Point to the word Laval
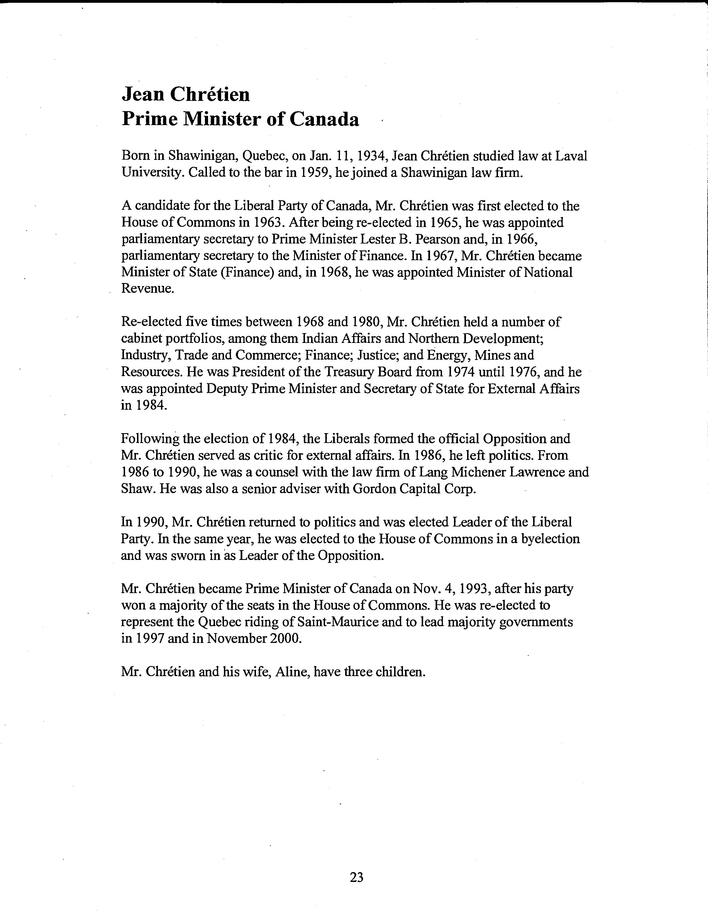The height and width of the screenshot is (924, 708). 571,156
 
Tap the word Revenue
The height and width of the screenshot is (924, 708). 148,289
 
